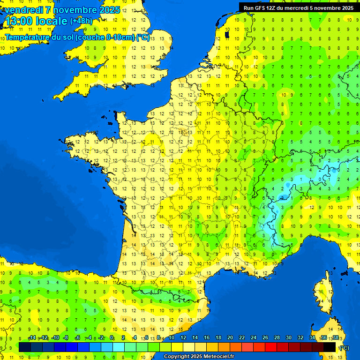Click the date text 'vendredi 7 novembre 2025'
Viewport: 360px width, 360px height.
(x=62, y=10)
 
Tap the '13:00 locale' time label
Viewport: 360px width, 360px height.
(x=36, y=21)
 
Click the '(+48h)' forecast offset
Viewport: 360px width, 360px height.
(x=81, y=21)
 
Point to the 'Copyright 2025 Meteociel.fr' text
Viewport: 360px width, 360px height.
(x=199, y=357)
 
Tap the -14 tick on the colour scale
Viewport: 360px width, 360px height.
(x=32, y=338)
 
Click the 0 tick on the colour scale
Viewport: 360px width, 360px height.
(x=112, y=338)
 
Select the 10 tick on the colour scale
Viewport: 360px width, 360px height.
(x=172, y=338)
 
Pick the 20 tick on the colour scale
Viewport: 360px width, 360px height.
(x=230, y=338)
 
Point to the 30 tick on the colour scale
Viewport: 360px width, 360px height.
(x=288, y=338)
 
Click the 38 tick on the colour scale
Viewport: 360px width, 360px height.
(x=335, y=338)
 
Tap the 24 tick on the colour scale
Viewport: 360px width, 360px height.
(x=254, y=338)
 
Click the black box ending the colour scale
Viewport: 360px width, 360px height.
(x=330, y=347)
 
